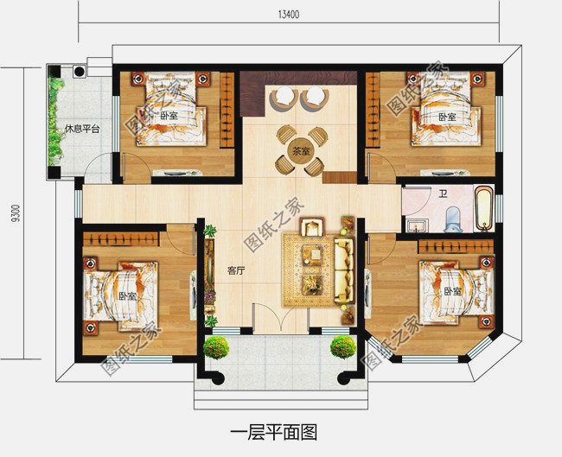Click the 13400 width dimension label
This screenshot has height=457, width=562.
289,15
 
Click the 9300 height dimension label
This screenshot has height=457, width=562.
16,214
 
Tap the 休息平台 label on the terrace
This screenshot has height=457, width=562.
82,129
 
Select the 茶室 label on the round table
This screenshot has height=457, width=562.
301,151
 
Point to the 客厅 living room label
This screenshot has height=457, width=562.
236,271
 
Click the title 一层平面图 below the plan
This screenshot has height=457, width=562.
273,432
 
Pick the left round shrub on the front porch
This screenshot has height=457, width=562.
216,347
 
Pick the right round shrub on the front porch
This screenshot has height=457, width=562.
342,346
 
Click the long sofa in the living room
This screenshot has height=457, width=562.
344,270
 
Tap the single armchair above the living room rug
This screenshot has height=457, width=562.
312,226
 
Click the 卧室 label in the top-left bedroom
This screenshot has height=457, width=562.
169,116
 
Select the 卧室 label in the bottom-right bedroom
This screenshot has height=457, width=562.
453,291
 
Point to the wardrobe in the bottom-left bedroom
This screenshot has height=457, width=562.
121,239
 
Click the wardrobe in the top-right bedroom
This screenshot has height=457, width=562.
373,109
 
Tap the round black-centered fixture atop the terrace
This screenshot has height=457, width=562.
80,72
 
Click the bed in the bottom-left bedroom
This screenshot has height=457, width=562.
120,295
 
